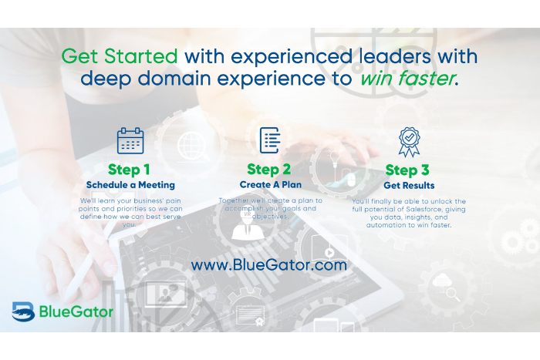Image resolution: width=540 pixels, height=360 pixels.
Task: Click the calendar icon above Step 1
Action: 130,141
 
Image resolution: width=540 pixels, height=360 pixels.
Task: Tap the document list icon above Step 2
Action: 270,140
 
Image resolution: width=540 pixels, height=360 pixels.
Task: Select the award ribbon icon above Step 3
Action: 409,142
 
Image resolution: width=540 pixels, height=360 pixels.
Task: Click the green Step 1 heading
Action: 129,170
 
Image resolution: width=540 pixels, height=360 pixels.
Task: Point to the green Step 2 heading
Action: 269,170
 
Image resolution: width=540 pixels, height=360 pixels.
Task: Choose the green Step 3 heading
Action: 407,170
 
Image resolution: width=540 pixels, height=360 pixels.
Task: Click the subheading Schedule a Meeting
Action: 130,185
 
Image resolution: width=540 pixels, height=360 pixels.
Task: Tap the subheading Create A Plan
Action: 271,184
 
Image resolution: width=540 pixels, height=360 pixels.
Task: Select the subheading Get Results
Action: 409,186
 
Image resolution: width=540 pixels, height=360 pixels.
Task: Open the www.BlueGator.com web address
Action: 269,265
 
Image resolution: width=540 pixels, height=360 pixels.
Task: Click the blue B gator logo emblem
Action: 23,311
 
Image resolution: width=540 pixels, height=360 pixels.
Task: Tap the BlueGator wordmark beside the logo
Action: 76,311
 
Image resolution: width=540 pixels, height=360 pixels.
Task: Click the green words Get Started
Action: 120,56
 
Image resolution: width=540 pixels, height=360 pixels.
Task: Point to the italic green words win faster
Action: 407,78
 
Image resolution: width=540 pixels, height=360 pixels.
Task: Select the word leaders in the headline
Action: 395,56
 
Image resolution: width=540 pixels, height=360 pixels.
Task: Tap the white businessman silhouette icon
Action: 248,225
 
